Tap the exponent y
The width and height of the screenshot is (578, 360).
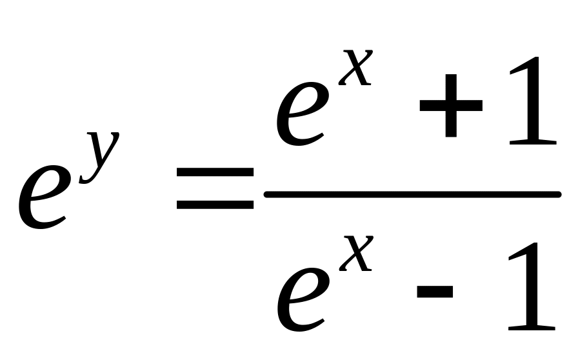click(99, 157)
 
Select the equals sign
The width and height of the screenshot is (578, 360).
click(215, 188)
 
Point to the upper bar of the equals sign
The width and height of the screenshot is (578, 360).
click(215, 172)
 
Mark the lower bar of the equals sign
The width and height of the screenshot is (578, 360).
click(215, 205)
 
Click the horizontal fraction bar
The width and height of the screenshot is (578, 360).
click(412, 194)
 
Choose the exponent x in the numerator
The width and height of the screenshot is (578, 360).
click(355, 68)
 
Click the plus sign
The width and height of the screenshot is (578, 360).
click(451, 106)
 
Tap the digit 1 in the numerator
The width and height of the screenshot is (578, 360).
click(533, 101)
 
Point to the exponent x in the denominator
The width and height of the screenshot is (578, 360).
click(356, 254)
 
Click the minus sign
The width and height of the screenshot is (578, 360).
click(435, 291)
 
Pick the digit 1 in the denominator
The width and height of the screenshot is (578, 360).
click(532, 286)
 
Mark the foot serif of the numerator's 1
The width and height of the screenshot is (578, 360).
click(533, 142)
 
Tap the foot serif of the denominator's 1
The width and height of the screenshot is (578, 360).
click(532, 328)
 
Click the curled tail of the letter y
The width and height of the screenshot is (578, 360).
click(86, 179)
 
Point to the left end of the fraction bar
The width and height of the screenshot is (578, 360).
click(264, 194)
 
